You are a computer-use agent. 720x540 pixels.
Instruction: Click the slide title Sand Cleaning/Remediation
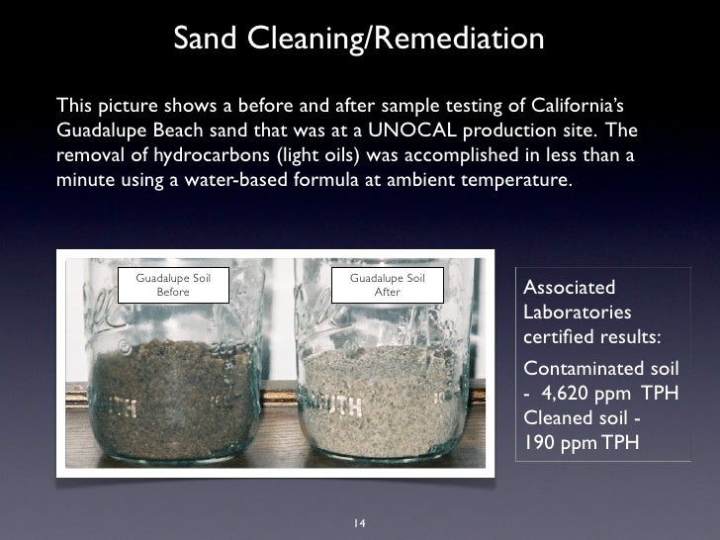point(359,40)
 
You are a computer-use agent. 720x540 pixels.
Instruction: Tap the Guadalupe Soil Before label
point(174,285)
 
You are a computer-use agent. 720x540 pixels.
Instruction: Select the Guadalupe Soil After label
point(388,285)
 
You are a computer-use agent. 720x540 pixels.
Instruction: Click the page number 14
point(359,522)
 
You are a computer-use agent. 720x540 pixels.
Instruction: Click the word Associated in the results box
point(569,288)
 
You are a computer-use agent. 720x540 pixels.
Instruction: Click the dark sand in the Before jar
point(174,396)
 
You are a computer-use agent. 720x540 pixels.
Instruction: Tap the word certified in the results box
point(557,335)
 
